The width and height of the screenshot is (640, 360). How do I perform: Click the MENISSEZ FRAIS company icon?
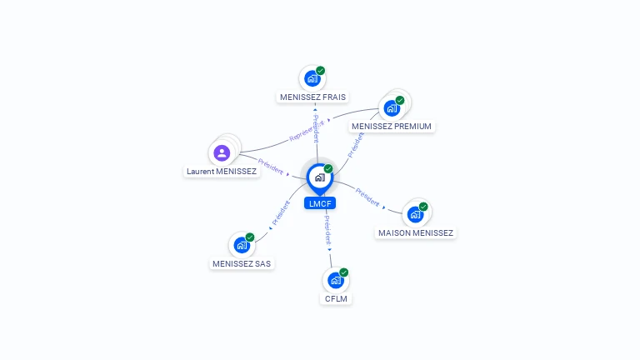tap(312, 79)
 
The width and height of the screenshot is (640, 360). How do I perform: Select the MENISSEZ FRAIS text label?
tap(312, 97)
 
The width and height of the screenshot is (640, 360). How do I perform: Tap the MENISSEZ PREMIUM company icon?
tap(391, 108)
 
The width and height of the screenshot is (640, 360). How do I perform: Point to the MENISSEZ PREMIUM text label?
tap(392, 127)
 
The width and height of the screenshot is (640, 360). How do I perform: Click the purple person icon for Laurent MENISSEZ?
tap(222, 153)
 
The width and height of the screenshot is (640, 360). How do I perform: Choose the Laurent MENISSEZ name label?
tap(221, 172)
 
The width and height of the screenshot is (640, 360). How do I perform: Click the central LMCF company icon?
tap(319, 177)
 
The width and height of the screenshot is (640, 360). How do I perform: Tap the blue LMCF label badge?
tap(320, 203)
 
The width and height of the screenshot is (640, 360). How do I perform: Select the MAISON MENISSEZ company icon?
tap(414, 215)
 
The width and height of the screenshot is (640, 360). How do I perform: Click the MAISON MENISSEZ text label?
tap(415, 233)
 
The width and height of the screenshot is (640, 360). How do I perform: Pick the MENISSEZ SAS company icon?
tap(241, 245)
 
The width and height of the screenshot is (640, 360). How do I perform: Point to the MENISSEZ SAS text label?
tap(242, 263)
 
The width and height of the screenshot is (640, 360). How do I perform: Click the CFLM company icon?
tap(335, 280)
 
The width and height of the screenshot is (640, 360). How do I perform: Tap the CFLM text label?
tap(336, 298)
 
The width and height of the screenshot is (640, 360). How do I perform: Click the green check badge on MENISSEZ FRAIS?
tap(321, 71)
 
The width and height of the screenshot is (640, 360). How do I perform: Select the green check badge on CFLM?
tap(343, 272)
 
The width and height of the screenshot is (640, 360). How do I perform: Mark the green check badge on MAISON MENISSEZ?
tap(423, 207)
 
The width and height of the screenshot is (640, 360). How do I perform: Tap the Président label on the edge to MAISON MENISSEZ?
tap(367, 197)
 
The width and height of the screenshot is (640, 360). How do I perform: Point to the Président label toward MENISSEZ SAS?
tap(280, 214)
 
